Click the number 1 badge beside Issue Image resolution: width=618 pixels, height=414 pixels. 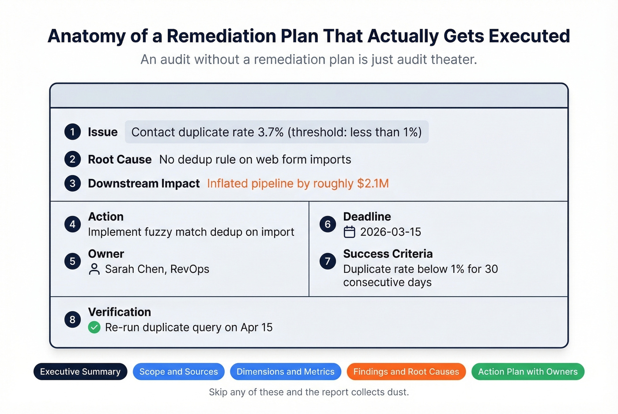click(x=72, y=132)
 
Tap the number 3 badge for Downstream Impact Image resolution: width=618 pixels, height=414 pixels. click(x=72, y=183)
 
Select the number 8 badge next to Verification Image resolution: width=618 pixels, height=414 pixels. click(x=72, y=320)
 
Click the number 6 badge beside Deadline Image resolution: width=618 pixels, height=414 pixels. click(x=328, y=224)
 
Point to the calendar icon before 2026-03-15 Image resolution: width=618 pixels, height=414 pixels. click(x=349, y=232)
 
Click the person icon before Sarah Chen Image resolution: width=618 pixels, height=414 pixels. click(x=94, y=269)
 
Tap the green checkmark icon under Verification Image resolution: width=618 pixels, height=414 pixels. click(x=94, y=327)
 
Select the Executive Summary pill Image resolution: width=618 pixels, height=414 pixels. click(x=80, y=372)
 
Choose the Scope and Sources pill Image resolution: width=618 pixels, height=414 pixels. click(x=178, y=372)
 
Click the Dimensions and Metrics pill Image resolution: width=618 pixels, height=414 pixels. click(x=285, y=372)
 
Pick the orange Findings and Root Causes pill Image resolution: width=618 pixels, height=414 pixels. click(x=406, y=372)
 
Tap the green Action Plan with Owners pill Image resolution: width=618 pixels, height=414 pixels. click(x=528, y=372)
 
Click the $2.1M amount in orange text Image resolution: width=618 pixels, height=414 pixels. click(x=373, y=183)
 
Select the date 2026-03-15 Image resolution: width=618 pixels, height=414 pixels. click(x=390, y=232)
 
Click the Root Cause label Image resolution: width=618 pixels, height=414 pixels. click(x=120, y=160)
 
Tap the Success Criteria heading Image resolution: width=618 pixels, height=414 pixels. click(x=388, y=254)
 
